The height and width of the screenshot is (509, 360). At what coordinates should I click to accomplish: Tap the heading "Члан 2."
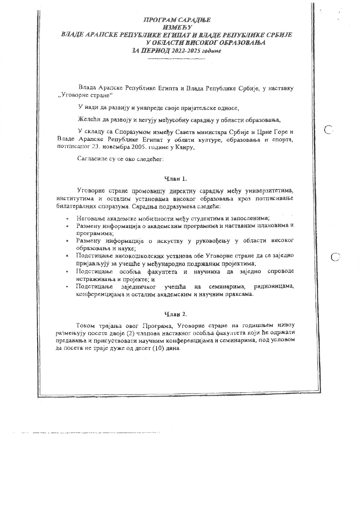pos(176,314)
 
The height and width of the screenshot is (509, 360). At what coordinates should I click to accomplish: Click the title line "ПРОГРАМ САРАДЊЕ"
pos(177,20)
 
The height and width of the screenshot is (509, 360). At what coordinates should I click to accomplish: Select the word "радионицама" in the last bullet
pos(274,286)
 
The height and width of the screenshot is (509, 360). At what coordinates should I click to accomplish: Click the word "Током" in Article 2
pos(84,325)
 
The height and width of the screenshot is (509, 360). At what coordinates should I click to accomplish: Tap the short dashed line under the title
pos(176,59)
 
